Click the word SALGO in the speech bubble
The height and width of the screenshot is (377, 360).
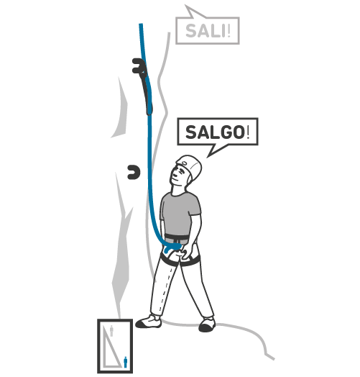(x=215, y=132)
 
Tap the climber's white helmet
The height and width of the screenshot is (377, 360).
(x=190, y=167)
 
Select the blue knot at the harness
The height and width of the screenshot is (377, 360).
(x=173, y=248)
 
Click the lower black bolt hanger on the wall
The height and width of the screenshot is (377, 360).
(x=134, y=172)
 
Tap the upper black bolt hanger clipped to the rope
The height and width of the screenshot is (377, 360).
(x=138, y=65)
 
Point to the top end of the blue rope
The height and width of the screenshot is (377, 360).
(x=141, y=24)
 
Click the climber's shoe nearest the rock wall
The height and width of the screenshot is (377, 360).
(x=149, y=322)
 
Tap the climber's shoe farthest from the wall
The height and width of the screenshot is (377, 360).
(x=207, y=324)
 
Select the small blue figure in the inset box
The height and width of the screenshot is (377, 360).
(x=125, y=362)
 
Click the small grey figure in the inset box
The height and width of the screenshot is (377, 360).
(x=111, y=331)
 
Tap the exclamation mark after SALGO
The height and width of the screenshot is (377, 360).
(x=248, y=132)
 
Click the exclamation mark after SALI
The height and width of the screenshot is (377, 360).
(x=229, y=31)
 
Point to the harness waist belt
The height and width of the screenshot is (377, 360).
(x=177, y=239)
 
